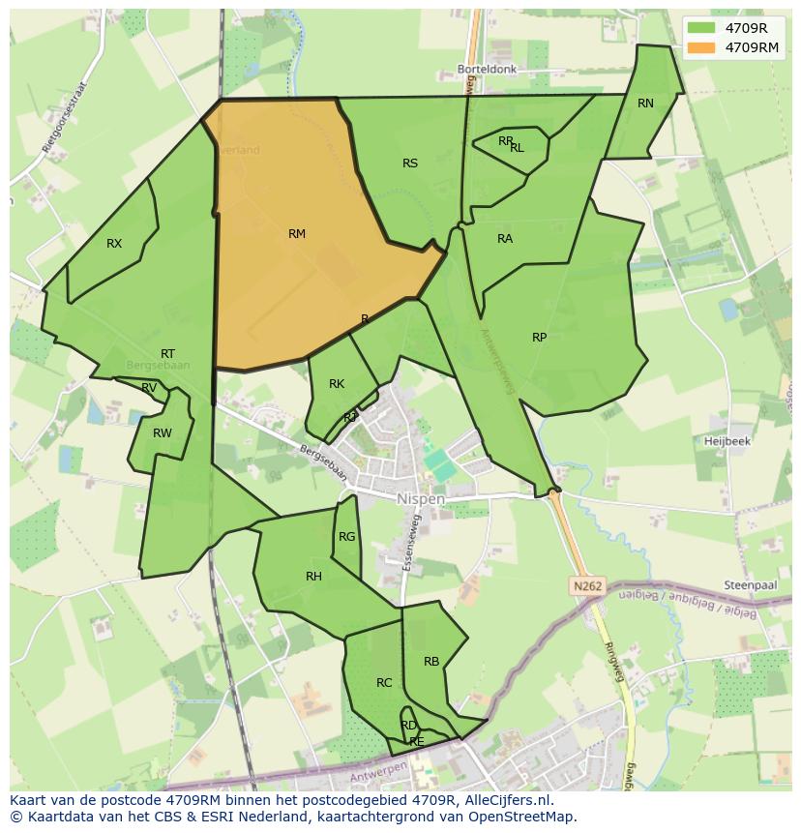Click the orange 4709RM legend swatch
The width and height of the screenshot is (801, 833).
(x=702, y=47)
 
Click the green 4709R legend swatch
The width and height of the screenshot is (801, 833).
(x=702, y=28)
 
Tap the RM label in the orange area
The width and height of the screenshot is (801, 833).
(x=297, y=234)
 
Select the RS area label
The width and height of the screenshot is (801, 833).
(x=410, y=164)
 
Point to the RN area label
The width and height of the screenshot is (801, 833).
(x=645, y=104)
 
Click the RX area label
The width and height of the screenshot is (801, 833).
(x=114, y=244)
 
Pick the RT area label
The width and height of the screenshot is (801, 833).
(x=168, y=354)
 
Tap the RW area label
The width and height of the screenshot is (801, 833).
(x=162, y=432)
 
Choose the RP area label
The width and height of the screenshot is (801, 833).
(x=539, y=338)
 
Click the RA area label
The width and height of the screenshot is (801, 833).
(x=505, y=239)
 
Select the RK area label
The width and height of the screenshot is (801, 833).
(x=337, y=384)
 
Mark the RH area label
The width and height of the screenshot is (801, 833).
(x=313, y=577)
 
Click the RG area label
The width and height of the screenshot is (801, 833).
(x=346, y=537)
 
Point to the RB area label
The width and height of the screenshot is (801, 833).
(x=431, y=662)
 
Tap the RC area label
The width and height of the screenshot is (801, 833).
(x=384, y=683)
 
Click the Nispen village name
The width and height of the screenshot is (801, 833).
(x=421, y=499)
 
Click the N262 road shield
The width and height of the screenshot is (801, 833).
(x=586, y=586)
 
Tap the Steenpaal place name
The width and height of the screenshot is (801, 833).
(x=750, y=585)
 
